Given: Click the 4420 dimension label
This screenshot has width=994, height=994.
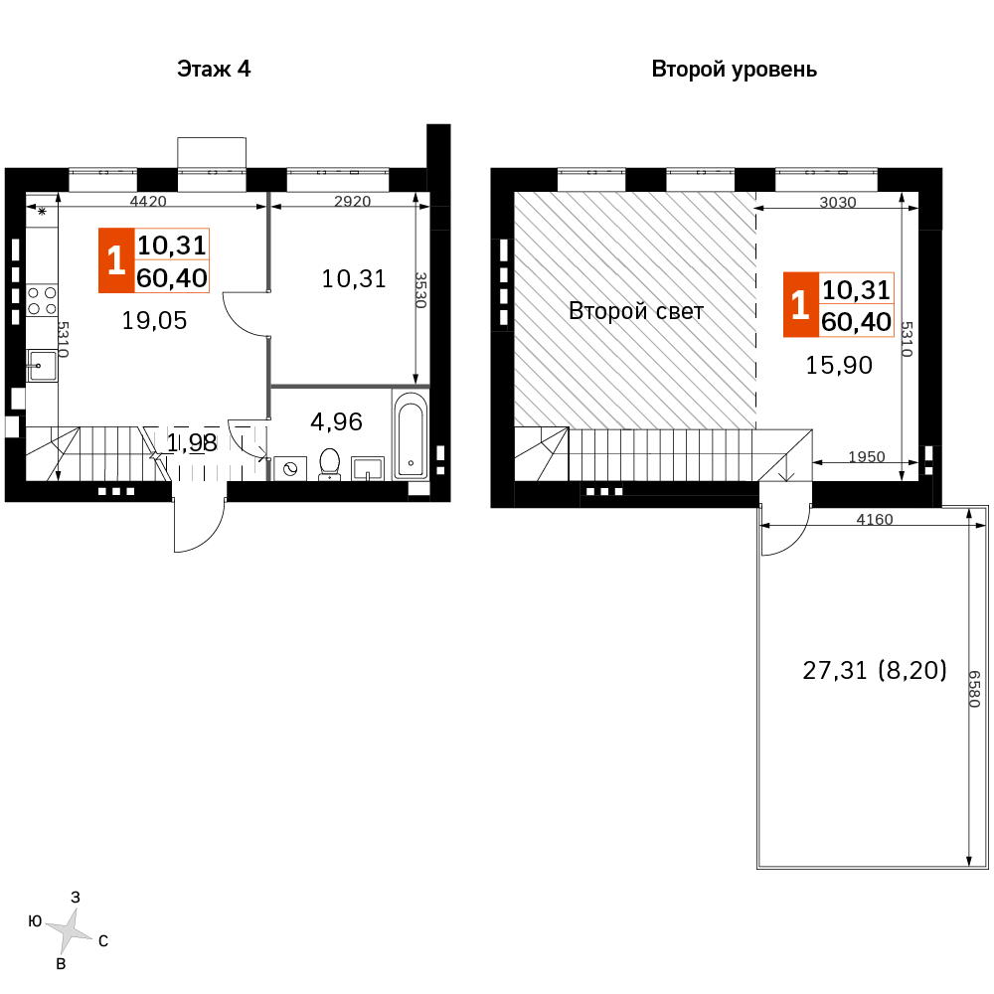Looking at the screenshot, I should click(x=148, y=202).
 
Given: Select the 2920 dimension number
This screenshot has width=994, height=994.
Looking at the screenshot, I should click(x=353, y=202).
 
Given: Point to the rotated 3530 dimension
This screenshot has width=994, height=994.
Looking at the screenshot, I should click(x=420, y=290).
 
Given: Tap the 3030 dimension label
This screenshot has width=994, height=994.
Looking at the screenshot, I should click(x=838, y=203).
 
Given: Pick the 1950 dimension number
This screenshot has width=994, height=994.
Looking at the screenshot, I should click(x=867, y=457).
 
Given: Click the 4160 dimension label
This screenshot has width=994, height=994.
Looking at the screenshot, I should click(x=875, y=520).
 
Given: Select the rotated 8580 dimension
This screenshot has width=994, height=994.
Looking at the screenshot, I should click(x=974, y=689).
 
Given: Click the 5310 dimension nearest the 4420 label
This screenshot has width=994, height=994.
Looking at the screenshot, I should click(x=63, y=339).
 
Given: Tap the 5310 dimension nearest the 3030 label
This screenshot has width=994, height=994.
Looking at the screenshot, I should click(x=907, y=339).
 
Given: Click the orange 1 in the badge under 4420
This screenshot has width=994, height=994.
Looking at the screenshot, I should click(x=116, y=260).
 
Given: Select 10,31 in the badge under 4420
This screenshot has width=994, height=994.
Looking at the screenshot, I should click(x=172, y=245).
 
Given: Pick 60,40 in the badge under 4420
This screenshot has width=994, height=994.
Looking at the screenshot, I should click(x=172, y=277).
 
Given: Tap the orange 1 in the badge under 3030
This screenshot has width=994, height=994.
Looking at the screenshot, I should click(x=800, y=305).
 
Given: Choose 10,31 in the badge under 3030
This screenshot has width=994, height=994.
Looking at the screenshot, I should click(x=857, y=289).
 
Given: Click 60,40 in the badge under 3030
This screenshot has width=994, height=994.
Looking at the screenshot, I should click(x=857, y=322).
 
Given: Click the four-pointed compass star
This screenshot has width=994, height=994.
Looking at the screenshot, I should click(x=69, y=931).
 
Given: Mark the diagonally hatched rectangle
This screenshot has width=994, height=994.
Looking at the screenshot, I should click(x=635, y=310).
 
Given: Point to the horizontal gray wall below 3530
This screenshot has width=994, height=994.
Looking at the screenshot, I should click(x=350, y=386).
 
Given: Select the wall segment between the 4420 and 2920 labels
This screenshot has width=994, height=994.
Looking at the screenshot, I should click(x=268, y=241).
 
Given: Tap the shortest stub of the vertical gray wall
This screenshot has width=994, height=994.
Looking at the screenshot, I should click(x=268, y=470).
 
